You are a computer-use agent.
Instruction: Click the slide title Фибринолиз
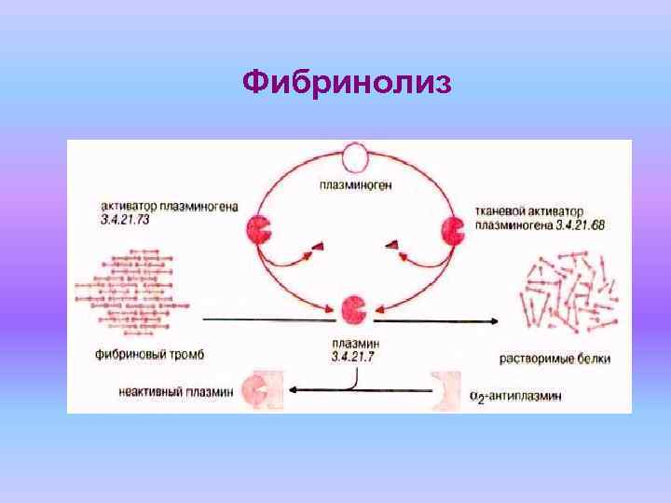[347, 84]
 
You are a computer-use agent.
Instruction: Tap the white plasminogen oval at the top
[355, 158]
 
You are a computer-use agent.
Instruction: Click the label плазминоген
[355, 184]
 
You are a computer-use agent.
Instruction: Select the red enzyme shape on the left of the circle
[259, 229]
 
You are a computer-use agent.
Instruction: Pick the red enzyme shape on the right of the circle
[454, 229]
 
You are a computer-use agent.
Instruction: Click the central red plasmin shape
[354, 307]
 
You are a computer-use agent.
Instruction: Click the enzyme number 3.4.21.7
[352, 358]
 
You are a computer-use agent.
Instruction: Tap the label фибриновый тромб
[150, 355]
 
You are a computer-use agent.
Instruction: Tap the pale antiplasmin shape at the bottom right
[446, 390]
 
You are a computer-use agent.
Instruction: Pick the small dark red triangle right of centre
[393, 244]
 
